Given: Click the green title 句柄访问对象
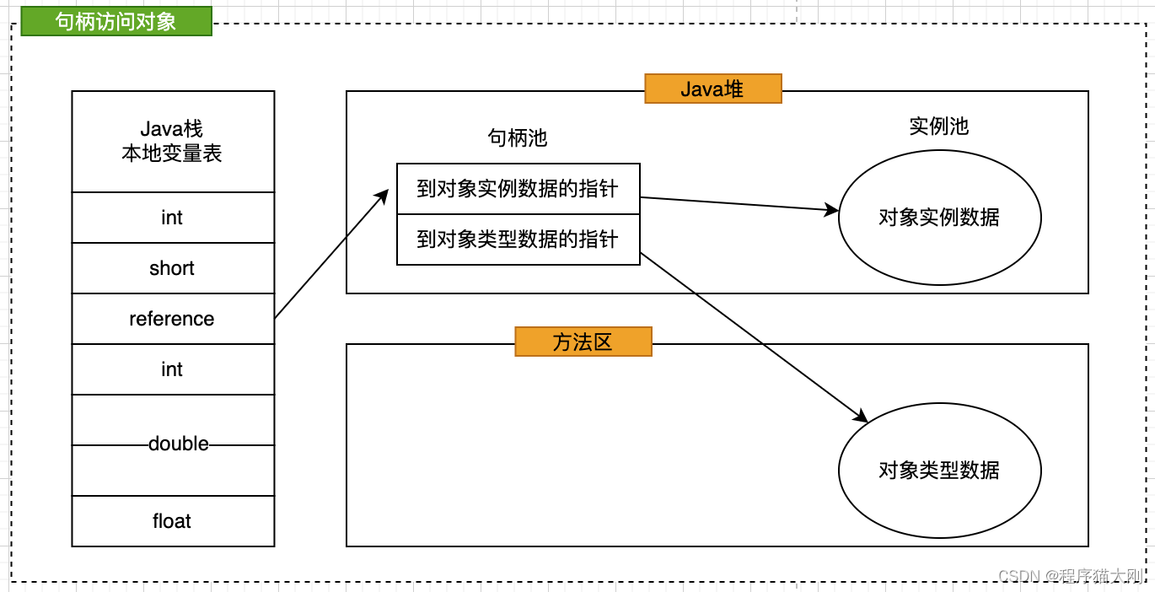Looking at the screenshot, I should pyautogui.click(x=115, y=21).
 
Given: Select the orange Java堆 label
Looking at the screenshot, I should pyautogui.click(x=713, y=89).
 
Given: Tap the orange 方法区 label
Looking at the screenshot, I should pyautogui.click(x=583, y=342).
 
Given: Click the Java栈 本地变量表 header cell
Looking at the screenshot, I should pyautogui.click(x=173, y=142).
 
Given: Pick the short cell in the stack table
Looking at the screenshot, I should pyautogui.click(x=173, y=268).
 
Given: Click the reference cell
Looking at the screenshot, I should pyautogui.click(x=173, y=319).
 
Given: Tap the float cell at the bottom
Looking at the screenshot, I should pyautogui.click(x=173, y=521).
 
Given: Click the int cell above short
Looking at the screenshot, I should pyautogui.click(x=173, y=218).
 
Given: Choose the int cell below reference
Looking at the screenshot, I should pyautogui.click(x=173, y=369).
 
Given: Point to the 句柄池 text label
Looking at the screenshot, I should pyautogui.click(x=518, y=138).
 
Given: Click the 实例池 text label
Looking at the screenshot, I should pyautogui.click(x=938, y=126).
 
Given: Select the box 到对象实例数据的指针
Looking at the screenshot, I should pyautogui.click(x=518, y=189).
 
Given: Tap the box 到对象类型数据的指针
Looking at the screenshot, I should pyautogui.click(x=518, y=239).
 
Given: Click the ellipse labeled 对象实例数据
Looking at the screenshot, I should pyautogui.click(x=939, y=218).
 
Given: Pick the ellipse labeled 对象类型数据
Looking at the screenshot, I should pyautogui.click(x=939, y=470).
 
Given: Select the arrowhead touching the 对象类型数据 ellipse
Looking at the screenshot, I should pyautogui.click(x=861, y=417).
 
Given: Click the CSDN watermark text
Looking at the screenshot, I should pyautogui.click(x=1070, y=576).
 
